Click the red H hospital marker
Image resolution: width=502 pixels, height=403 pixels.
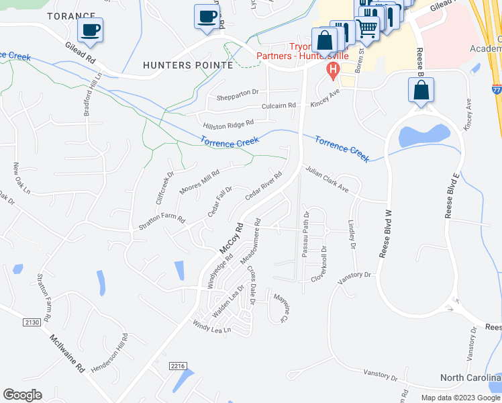tap(331, 70)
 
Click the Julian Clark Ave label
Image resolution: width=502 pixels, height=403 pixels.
tap(328, 180)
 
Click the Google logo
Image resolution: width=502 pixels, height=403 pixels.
tap(22, 395)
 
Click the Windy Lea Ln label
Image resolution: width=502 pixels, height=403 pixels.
tap(211, 329)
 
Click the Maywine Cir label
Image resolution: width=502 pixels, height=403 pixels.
tap(279, 305)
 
